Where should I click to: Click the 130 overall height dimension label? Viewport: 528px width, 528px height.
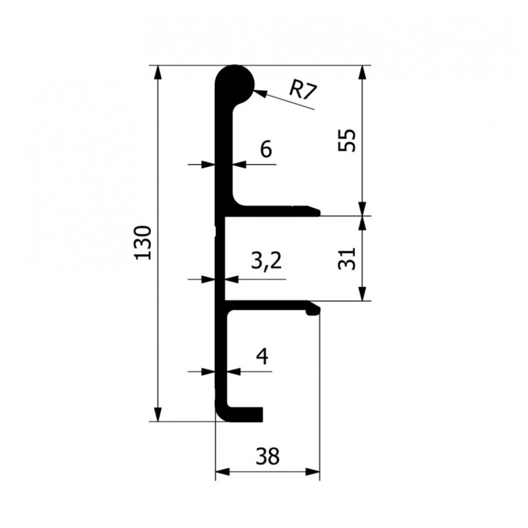(x=143, y=243)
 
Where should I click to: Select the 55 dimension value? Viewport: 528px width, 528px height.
(x=346, y=140)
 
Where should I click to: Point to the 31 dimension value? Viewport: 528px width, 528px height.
(x=347, y=259)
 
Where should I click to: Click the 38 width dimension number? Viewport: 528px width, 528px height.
(x=268, y=457)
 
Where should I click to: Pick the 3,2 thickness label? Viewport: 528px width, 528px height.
(x=266, y=261)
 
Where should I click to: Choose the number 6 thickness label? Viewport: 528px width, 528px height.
(x=266, y=149)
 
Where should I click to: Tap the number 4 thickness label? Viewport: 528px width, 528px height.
(x=262, y=356)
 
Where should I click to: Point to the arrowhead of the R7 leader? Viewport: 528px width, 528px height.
(x=261, y=92)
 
